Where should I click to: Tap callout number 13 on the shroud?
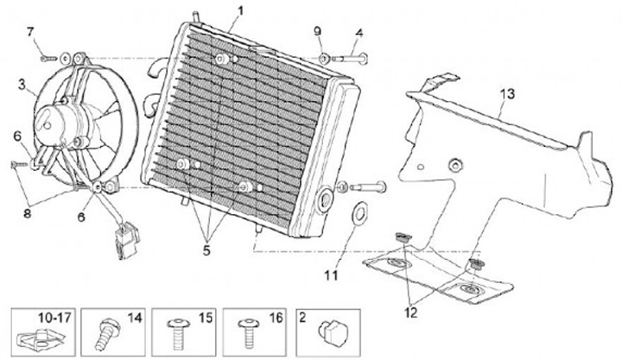pos(507,93)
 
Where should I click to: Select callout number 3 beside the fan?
pos(22,85)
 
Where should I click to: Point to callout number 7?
pos(31,32)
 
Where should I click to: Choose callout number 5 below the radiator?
pos(207,250)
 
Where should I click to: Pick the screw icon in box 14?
pos(107,333)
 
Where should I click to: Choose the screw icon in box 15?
pos(179,332)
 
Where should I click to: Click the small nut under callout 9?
pos(323,58)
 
